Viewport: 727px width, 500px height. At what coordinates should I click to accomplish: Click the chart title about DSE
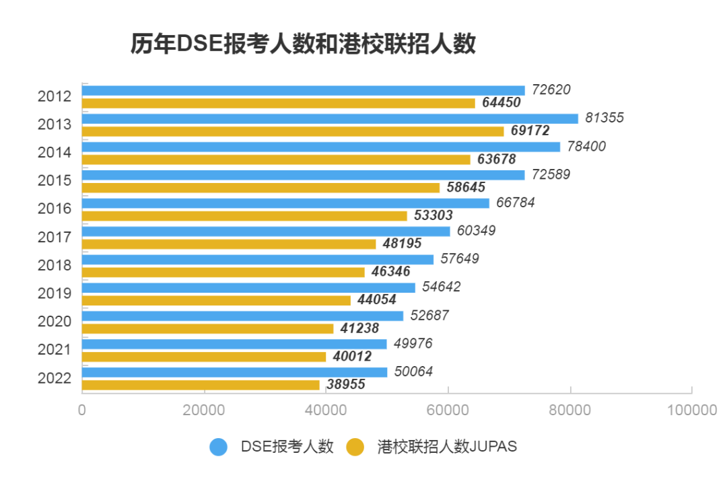[303, 44]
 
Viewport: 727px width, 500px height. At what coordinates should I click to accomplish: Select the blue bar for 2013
[330, 118]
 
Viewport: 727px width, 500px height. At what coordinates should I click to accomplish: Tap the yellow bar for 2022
[201, 385]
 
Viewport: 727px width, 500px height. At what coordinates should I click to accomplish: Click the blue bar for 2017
[266, 231]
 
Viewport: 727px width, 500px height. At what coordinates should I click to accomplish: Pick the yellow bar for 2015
[261, 188]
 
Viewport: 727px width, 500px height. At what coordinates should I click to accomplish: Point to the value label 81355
[604, 118]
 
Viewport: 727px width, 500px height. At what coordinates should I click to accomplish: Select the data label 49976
[413, 344]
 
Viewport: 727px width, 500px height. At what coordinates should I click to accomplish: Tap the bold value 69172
[530, 131]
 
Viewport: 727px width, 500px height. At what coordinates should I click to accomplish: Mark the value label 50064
[413, 371]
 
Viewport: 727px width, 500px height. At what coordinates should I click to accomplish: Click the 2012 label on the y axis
[55, 96]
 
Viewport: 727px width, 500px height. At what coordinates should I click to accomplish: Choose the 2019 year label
[55, 293]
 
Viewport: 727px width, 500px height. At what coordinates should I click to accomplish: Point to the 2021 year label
[55, 350]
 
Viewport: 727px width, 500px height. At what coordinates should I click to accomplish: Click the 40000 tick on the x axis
[326, 410]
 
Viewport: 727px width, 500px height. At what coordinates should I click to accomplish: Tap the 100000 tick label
[692, 410]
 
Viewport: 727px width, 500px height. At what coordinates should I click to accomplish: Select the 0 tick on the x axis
[82, 410]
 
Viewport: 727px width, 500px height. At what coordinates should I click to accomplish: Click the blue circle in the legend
[219, 447]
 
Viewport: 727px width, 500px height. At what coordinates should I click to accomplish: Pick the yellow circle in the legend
[355, 447]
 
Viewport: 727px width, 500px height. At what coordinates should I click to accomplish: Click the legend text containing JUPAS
[447, 447]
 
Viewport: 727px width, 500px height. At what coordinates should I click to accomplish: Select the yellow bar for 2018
[223, 273]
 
